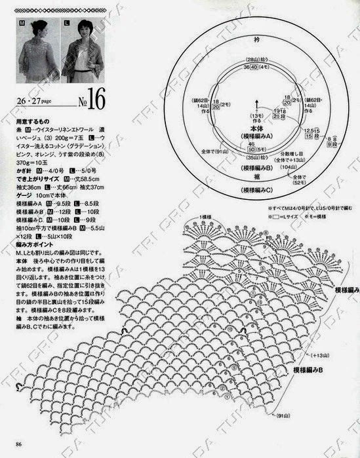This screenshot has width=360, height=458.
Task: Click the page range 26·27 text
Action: [x=34, y=103]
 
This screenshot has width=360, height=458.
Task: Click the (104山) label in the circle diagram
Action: [x=287, y=168]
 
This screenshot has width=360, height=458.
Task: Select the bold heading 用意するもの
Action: [x=31, y=121]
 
